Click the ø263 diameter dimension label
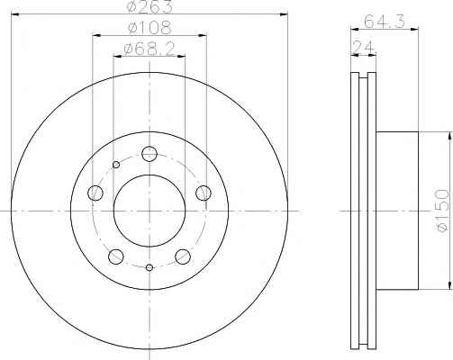click(x=149, y=6)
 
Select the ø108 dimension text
click(x=149, y=28)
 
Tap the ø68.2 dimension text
click(x=149, y=49)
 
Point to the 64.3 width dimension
click(x=385, y=22)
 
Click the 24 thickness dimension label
click(x=364, y=47)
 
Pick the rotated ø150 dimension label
click(x=443, y=210)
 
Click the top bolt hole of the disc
click(x=149, y=154)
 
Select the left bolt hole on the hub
click(x=95, y=193)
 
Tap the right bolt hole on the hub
click(x=204, y=193)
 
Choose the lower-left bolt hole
click(x=116, y=256)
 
